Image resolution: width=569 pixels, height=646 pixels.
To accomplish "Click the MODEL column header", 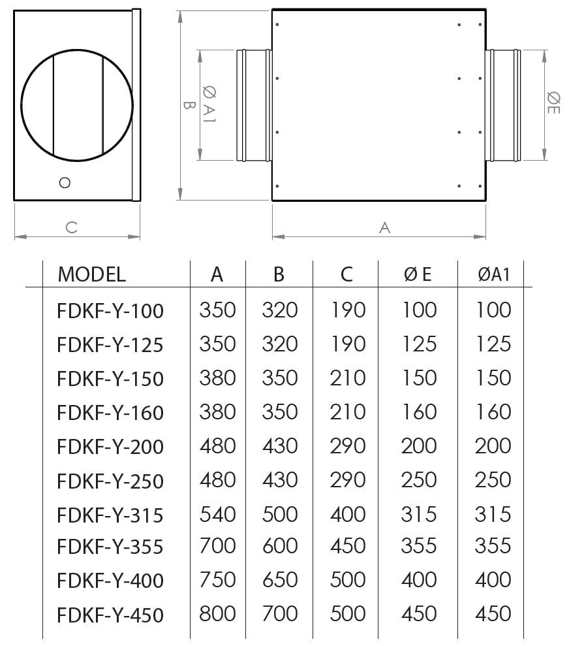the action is tap(92, 274).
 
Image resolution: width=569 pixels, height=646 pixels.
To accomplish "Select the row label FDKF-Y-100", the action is tap(110, 311).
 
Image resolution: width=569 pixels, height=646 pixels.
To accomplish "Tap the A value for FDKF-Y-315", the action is tap(218, 514).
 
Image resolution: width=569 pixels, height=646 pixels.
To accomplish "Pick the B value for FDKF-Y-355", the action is tap(280, 546).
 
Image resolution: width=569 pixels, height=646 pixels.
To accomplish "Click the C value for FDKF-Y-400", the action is tap(348, 579).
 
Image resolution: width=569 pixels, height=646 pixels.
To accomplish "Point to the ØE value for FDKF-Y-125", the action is tap(419, 344).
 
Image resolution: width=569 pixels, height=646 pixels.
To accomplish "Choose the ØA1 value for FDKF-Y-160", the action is tap(493, 412).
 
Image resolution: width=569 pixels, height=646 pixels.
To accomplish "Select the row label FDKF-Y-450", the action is tap(110, 615).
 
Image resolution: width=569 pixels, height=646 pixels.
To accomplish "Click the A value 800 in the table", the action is tap(217, 614).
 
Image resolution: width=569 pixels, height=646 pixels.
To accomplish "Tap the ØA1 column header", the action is tap(494, 274).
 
